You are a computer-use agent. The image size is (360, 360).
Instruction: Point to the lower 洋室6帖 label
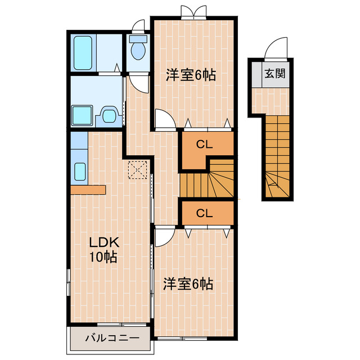tap(188, 283)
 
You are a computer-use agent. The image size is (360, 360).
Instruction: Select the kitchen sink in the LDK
tap(79, 170)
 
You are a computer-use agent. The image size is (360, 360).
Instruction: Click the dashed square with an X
tap(137, 169)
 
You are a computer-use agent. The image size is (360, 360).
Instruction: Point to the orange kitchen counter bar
tap(88, 189)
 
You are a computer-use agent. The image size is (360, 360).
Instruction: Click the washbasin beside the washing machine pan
tap(110, 116)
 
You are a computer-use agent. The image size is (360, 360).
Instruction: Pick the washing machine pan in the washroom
tap(83, 115)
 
